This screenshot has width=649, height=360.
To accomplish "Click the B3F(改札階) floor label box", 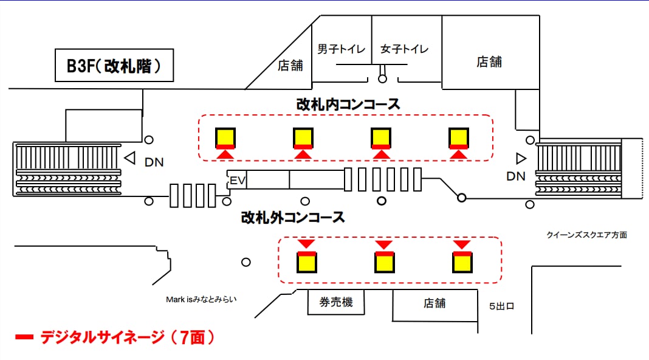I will pyautogui.click(x=114, y=65).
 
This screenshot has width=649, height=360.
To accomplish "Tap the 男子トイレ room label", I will pyautogui.click(x=342, y=49).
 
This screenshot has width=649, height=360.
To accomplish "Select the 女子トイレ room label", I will pyautogui.click(x=404, y=49).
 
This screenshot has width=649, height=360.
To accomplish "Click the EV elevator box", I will pyautogui.click(x=236, y=180).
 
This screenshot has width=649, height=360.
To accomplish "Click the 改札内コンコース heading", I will pyautogui.click(x=348, y=104).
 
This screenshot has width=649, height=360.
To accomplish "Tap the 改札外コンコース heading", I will pyautogui.click(x=293, y=216).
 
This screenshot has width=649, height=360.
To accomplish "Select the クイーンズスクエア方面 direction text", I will pyautogui.click(x=586, y=235).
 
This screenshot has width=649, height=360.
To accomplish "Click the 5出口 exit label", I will pyautogui.click(x=502, y=306).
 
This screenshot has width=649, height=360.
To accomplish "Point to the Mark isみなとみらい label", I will pyautogui.click(x=201, y=299).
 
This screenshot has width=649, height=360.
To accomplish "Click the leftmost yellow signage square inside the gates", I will pyautogui.click(x=225, y=137).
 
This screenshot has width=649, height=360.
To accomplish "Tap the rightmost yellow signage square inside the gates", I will pyautogui.click(x=459, y=137).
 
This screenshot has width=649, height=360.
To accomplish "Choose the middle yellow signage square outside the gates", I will pyautogui.click(x=384, y=262).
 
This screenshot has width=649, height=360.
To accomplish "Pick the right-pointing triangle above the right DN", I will pyautogui.click(x=521, y=159).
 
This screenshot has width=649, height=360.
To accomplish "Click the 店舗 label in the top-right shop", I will pyautogui.click(x=489, y=61).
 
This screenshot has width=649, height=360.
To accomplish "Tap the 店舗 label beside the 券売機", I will pyautogui.click(x=434, y=303).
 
